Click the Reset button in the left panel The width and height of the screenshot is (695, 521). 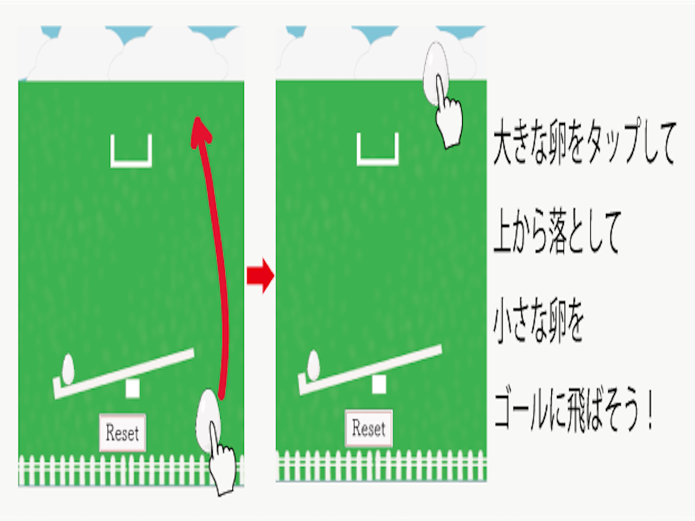click(x=122, y=433)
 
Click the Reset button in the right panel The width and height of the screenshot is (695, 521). click(x=369, y=429)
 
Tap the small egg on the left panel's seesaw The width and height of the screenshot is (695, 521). click(x=68, y=367)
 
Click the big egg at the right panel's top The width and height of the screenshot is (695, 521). click(x=436, y=73)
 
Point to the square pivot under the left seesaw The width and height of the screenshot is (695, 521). click(x=133, y=388)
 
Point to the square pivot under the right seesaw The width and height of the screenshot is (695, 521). click(x=379, y=384)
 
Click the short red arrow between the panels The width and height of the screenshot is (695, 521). click(x=261, y=275)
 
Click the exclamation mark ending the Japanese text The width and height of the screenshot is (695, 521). click(x=650, y=411)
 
